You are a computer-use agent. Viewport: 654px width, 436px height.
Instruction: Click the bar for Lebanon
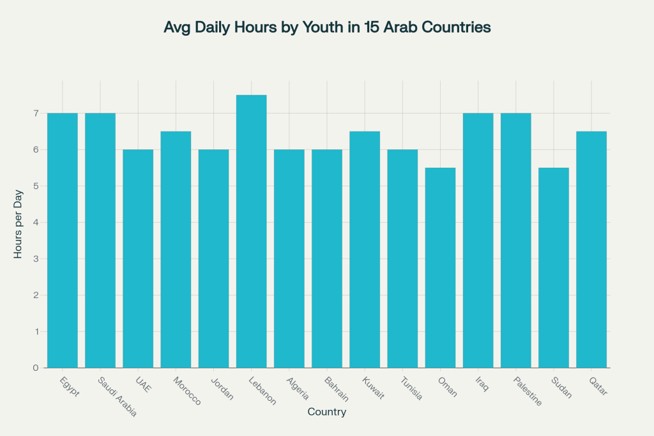click(251, 231)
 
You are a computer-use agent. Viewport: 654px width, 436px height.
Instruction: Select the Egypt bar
click(62, 240)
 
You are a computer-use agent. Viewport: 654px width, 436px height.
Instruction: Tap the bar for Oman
click(440, 267)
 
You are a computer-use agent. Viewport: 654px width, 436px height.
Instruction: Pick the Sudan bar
click(553, 267)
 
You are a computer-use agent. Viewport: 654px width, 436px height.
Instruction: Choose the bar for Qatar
click(591, 249)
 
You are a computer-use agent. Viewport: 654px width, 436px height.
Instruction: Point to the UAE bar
click(138, 259)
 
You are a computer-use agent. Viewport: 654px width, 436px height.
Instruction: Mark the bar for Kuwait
click(365, 249)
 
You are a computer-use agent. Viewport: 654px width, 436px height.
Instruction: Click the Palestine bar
click(515, 240)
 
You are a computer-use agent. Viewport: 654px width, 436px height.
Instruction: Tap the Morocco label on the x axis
click(187, 391)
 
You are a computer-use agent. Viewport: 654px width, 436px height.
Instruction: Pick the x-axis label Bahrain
click(336, 388)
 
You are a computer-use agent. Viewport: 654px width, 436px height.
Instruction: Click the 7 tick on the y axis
click(36, 114)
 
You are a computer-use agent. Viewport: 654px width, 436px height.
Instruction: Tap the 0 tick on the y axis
click(36, 368)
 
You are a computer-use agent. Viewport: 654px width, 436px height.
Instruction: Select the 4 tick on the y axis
click(36, 223)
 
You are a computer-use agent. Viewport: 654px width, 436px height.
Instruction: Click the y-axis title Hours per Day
click(19, 223)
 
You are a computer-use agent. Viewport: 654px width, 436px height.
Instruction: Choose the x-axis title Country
click(326, 412)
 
